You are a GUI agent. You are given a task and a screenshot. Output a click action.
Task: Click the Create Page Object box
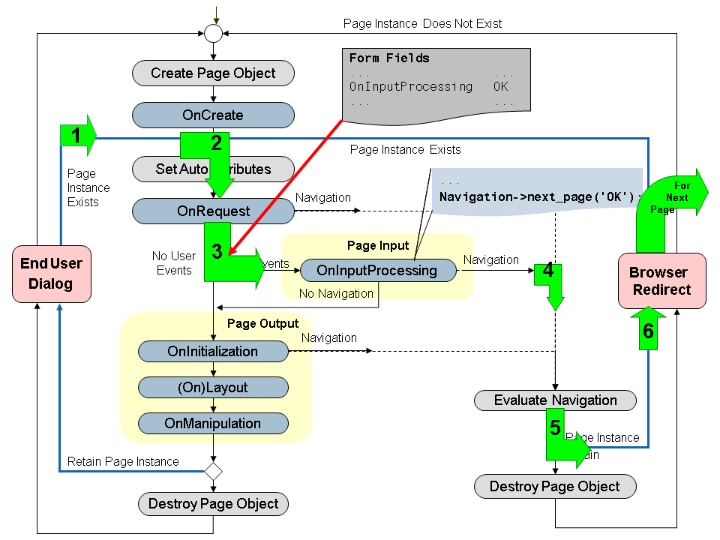(213, 73)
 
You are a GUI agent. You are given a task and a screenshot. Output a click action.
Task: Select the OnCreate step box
(213, 115)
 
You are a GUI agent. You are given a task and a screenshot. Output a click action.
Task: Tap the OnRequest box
(213, 211)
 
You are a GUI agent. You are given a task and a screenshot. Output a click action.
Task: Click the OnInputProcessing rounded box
(377, 271)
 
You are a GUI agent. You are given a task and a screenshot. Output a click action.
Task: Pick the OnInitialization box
(213, 351)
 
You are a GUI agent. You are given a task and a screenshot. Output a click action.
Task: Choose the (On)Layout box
(213, 388)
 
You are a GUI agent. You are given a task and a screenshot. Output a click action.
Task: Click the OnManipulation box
(213, 424)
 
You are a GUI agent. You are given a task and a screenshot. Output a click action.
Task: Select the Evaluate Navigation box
(555, 400)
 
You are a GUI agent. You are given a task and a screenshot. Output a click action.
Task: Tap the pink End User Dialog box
(51, 274)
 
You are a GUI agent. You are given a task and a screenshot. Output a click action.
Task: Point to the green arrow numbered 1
(77, 136)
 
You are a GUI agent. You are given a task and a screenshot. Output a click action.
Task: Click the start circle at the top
(214, 33)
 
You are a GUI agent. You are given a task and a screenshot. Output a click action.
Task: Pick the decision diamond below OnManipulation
(214, 471)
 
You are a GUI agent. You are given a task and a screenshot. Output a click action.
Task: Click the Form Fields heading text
(389, 58)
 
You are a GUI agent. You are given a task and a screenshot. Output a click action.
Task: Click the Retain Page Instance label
(123, 461)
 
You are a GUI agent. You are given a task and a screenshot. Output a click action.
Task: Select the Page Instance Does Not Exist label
(422, 23)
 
